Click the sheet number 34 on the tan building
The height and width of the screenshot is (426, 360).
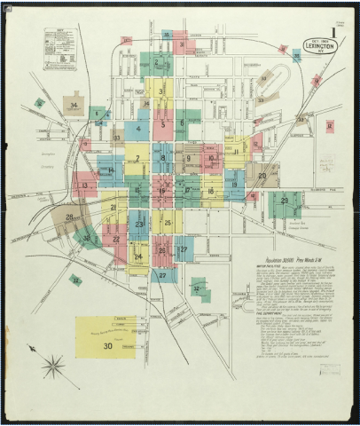74,106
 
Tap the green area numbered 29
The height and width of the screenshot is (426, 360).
285,201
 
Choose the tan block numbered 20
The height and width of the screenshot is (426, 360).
262,176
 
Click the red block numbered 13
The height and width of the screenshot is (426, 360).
85,185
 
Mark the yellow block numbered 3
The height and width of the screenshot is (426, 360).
160,90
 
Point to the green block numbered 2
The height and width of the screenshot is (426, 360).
157,62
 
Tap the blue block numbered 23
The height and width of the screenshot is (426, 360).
139,225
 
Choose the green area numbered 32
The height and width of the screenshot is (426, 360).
196,288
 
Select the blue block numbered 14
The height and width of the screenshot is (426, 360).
110,169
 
